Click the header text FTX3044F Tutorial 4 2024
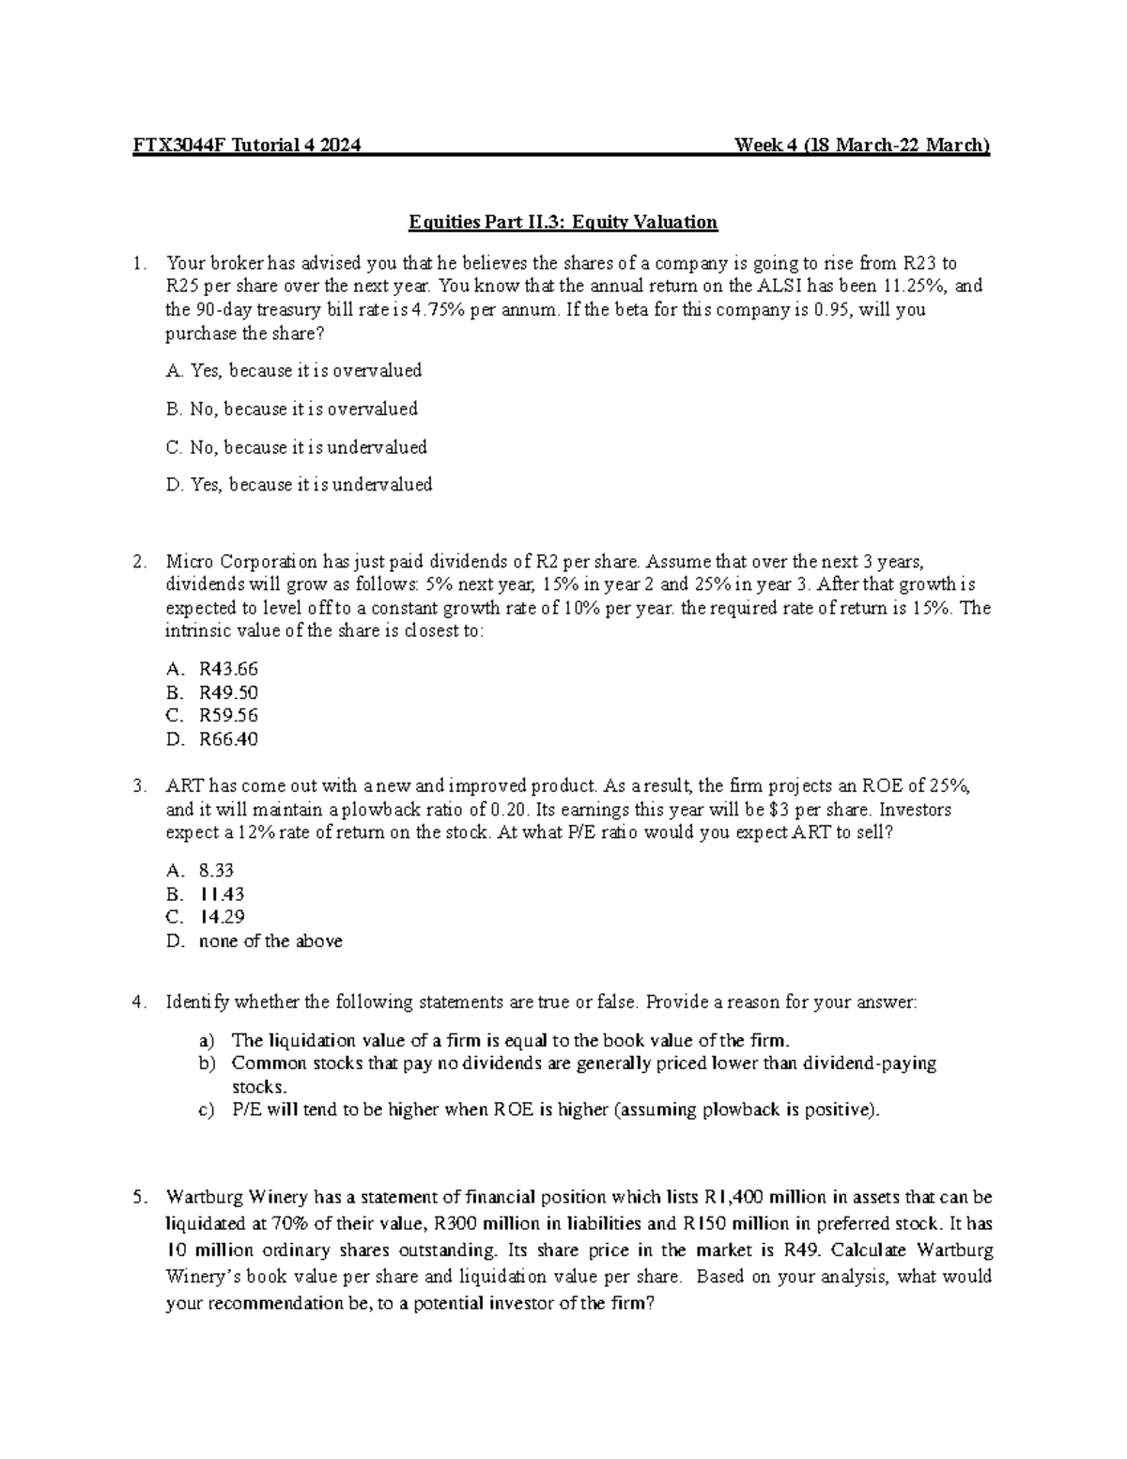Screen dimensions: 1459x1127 [x=244, y=146]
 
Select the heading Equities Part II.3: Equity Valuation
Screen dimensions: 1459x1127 [x=563, y=223]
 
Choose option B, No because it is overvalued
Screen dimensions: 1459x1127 [x=291, y=409]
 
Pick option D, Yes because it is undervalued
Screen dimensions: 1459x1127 [x=299, y=485]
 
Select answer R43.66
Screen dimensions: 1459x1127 [x=228, y=670]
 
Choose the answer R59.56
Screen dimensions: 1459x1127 [x=228, y=716]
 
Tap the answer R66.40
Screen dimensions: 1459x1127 [x=228, y=739]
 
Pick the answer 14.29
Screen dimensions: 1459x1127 [x=222, y=917]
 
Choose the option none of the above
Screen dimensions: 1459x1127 [x=270, y=941]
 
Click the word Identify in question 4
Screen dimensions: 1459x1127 [x=196, y=1002]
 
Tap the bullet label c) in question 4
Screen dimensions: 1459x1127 [x=206, y=1110]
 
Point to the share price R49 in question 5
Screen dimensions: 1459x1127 [x=804, y=1250]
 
